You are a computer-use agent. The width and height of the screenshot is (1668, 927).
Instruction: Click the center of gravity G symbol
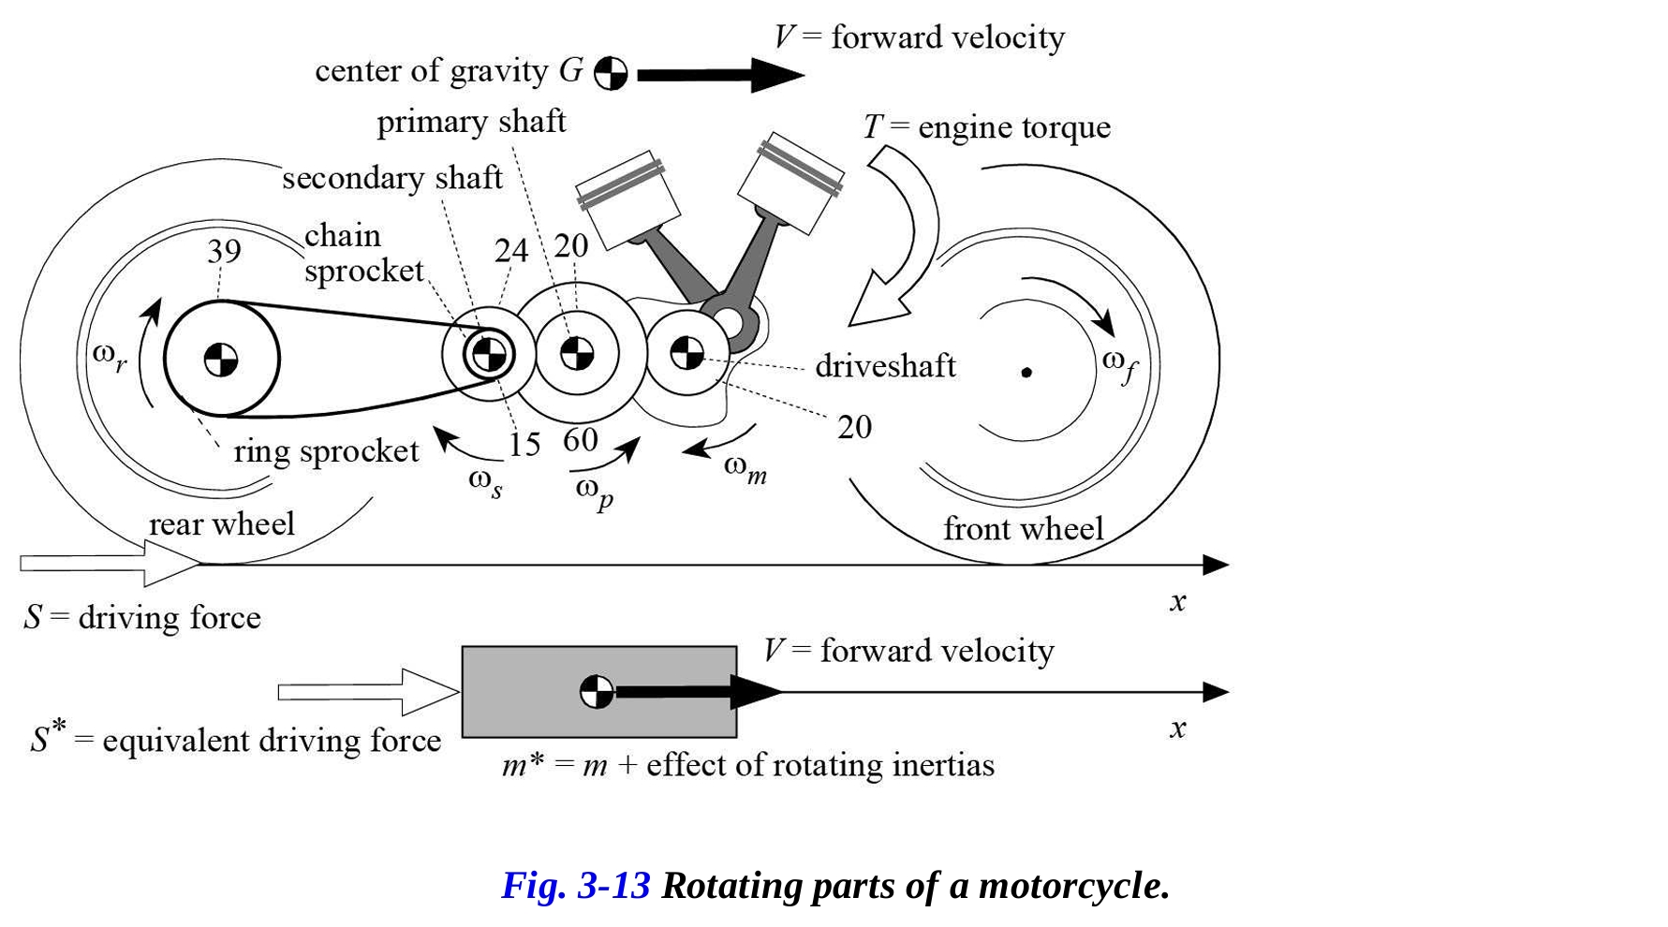click(x=611, y=73)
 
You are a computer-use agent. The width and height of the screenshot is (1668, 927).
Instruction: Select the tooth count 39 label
click(x=224, y=251)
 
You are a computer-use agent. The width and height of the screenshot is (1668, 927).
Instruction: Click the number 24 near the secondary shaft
click(x=511, y=250)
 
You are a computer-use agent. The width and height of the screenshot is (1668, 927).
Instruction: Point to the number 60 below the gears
click(x=581, y=439)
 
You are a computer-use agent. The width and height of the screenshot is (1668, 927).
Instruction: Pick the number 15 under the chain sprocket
click(x=524, y=444)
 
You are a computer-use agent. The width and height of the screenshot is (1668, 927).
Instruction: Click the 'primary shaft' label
click(x=471, y=122)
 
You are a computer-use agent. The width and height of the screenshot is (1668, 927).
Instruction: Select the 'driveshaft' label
click(x=885, y=365)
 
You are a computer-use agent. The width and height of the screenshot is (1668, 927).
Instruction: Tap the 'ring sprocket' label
click(x=326, y=451)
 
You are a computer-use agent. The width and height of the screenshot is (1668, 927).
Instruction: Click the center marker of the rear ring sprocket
click(x=221, y=360)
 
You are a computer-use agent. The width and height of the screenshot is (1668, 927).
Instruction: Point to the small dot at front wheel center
click(x=1026, y=372)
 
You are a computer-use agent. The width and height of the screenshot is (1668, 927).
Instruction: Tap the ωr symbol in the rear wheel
click(x=110, y=357)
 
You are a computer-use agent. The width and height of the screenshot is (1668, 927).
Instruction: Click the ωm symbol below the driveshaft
click(x=745, y=468)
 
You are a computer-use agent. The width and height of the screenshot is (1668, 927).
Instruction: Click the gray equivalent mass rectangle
click(x=524, y=691)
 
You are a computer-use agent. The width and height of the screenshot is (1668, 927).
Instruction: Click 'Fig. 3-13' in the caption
click(x=575, y=886)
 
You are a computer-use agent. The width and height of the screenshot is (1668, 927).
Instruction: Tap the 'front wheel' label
click(x=1023, y=529)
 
